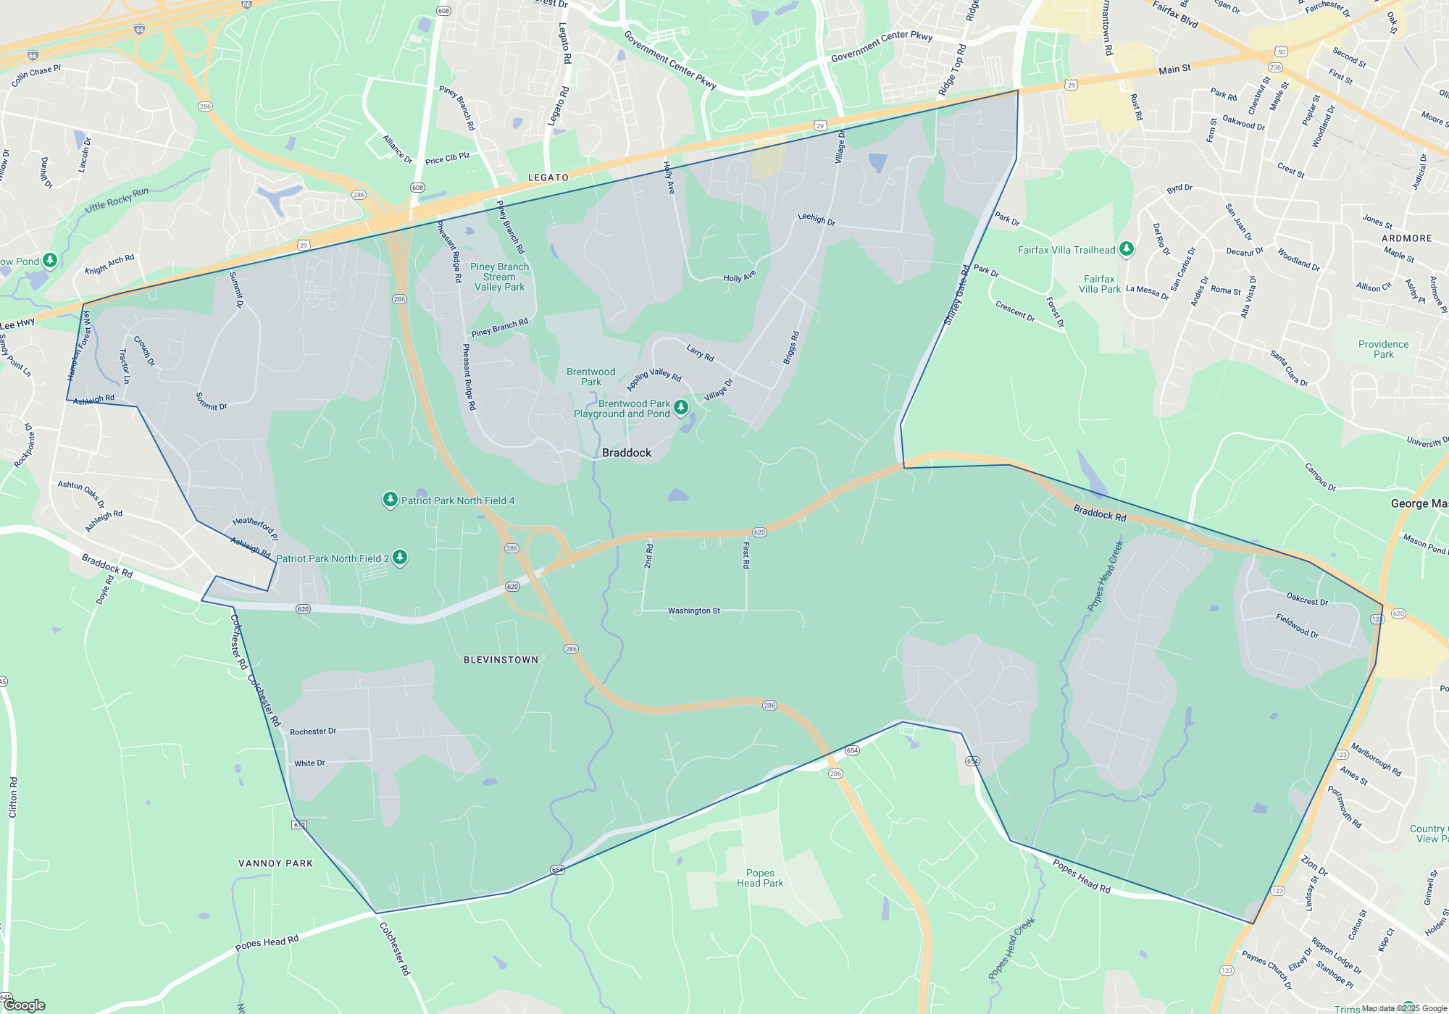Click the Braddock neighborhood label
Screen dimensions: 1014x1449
(x=627, y=453)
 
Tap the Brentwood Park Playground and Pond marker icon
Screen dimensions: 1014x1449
(x=681, y=408)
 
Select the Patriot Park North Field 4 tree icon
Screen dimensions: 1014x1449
(x=391, y=500)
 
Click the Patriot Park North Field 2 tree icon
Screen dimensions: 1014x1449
(x=399, y=557)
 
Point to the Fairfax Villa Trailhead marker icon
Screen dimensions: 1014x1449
(x=1126, y=249)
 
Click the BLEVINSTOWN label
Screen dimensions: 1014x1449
(x=501, y=660)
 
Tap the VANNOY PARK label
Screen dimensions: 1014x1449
(x=275, y=863)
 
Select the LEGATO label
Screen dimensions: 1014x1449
(x=548, y=177)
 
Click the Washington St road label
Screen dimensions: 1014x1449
(x=694, y=611)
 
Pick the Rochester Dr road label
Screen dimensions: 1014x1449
(x=313, y=732)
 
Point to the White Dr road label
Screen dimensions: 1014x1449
(x=309, y=763)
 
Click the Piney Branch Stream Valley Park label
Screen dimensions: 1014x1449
(x=499, y=277)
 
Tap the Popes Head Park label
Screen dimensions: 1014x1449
(x=760, y=878)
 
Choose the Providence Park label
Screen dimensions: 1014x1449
(x=1383, y=349)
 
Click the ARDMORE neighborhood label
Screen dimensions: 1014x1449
(x=1406, y=238)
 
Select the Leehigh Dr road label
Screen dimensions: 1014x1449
(x=817, y=219)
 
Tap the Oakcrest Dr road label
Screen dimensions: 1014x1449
(x=1307, y=600)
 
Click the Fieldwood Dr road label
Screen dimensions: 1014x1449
(x=1297, y=626)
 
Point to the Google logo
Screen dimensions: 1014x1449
(x=25, y=1005)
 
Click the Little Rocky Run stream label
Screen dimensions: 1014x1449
(x=117, y=200)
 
